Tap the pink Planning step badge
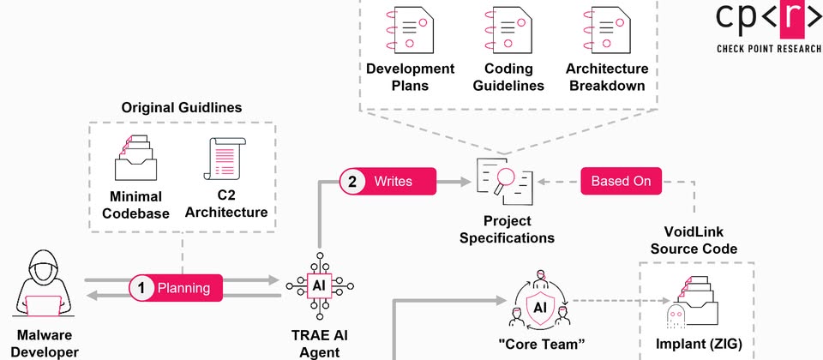pyautogui.click(x=176, y=288)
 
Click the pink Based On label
pyautogui.click(x=622, y=181)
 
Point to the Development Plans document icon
pyautogui.click(x=409, y=28)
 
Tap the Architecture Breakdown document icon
pyautogui.click(x=605, y=28)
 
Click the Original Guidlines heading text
pyautogui.click(x=181, y=108)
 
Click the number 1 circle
pyautogui.click(x=142, y=288)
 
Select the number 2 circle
pyautogui.click(x=353, y=181)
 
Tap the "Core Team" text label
pyautogui.click(x=541, y=344)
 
